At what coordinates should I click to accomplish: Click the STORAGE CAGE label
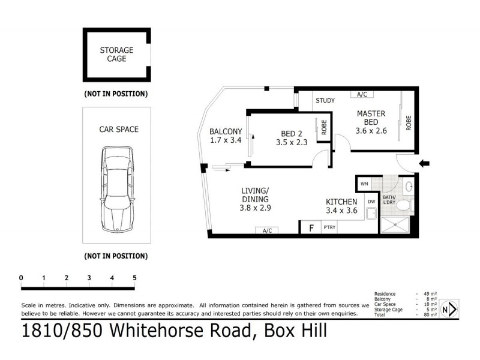pos(116,55)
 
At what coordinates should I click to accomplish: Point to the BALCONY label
pos(225,136)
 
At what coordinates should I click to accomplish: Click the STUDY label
pos(325,100)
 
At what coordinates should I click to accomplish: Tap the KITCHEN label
pos(341,206)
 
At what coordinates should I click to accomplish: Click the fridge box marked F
pos(311,228)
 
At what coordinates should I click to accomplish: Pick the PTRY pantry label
pos(329,228)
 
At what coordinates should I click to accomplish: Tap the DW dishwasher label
pos(371,202)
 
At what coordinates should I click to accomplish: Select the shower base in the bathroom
pos(396,226)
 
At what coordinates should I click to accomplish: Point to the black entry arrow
pos(423,163)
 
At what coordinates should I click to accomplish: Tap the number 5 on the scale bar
pos(134,278)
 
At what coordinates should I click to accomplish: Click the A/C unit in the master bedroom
pos(362,94)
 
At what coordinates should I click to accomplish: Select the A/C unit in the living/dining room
pos(267,230)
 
